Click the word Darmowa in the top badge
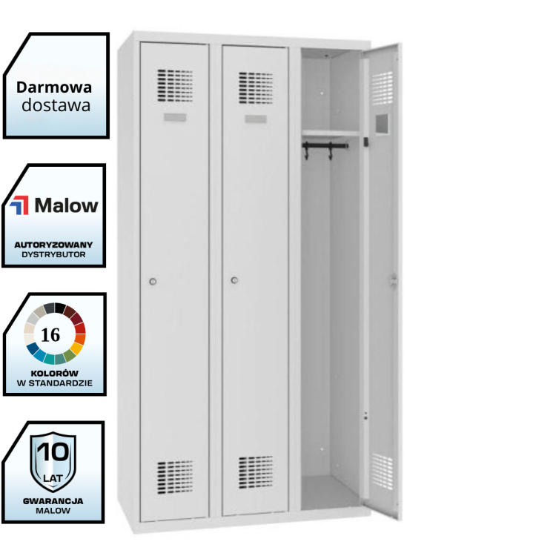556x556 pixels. coord(55,87)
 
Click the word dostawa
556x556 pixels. coord(56,105)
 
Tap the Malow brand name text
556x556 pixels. coord(67,205)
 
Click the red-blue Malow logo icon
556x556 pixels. coord(21,205)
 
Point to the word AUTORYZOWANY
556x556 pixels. coord(53,243)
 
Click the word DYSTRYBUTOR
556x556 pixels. coord(53,254)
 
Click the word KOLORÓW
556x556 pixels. coord(53,373)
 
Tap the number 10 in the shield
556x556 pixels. coord(53,451)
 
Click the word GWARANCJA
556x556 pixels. coord(53,500)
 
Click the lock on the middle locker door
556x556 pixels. coord(234,280)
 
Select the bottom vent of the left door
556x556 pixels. coord(175,477)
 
